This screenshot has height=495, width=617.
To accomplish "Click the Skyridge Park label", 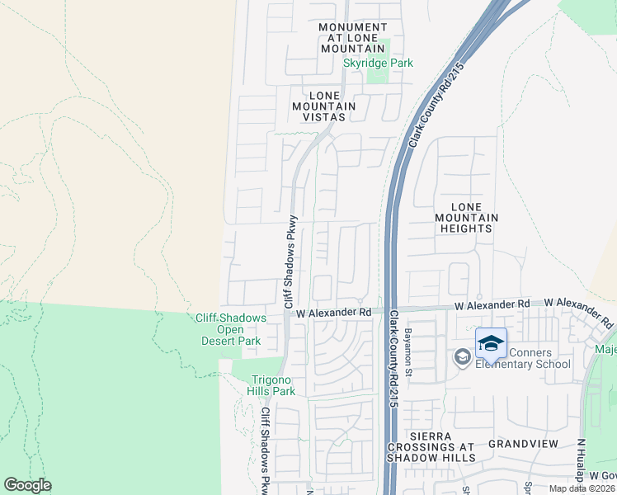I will (378, 63).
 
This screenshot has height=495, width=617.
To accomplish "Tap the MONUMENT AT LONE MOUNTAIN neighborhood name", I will (353, 38).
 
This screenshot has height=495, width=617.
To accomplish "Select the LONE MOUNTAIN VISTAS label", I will (323, 106).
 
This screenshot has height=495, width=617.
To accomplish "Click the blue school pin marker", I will (491, 343).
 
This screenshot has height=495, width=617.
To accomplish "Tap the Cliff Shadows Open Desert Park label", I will (230, 329).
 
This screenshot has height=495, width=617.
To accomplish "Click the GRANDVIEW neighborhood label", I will (523, 444).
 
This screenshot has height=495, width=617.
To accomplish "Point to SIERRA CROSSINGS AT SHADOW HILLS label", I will (431, 446).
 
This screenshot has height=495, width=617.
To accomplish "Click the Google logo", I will (27, 485).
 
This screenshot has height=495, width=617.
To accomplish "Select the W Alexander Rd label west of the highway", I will (334, 313).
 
